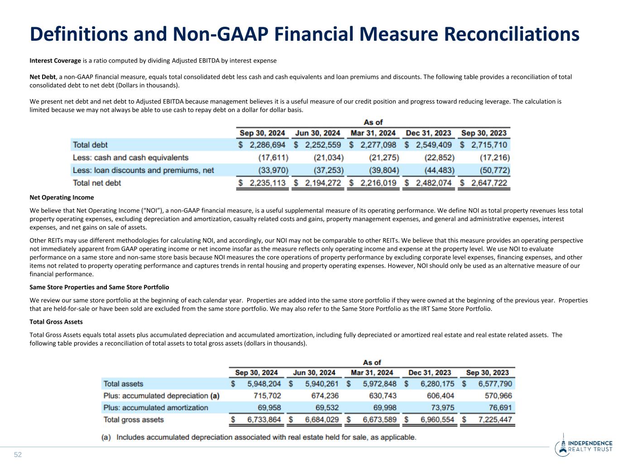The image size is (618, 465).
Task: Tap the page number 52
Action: pos(18,455)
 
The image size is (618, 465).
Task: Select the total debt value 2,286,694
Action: pos(267,145)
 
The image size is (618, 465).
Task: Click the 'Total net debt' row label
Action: pos(97,183)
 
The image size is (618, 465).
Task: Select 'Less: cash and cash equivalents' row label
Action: pos(130,158)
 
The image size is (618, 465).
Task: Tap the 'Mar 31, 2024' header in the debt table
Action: pos(373,133)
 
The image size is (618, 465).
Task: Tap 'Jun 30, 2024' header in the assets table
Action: pos(314,373)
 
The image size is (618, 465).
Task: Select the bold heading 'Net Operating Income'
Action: pos(62,197)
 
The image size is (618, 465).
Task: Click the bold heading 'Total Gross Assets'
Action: pos(56,321)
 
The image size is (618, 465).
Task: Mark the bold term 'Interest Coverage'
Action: pos(55,61)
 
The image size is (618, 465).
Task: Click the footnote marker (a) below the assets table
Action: pos(106,437)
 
